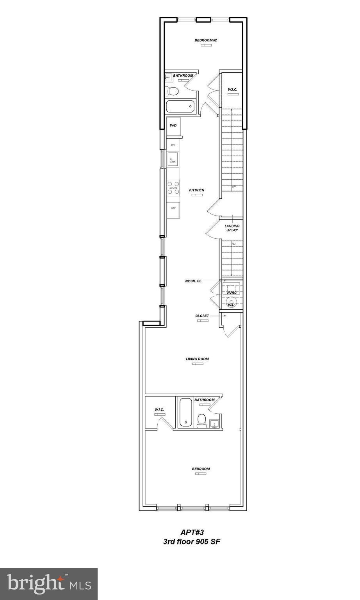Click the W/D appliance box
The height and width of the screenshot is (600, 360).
point(173,126)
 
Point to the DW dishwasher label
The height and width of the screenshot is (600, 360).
point(173,145)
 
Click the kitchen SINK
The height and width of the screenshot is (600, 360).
point(173,160)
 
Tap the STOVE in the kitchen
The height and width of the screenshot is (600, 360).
point(173,188)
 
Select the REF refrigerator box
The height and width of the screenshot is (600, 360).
point(173,209)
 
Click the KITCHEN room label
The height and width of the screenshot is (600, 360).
point(197,190)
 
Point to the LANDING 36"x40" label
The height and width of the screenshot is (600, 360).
point(232,228)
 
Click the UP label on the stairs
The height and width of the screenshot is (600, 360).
point(234,186)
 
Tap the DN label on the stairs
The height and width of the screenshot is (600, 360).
point(233,245)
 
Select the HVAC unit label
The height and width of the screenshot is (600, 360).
point(232,293)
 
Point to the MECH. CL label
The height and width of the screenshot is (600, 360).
point(193,281)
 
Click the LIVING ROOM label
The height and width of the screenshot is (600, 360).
point(198,359)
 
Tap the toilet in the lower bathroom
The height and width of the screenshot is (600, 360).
point(202,420)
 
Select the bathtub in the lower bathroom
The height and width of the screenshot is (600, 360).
point(185,412)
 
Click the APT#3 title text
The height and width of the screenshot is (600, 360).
point(192,532)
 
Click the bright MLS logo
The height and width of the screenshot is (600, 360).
point(49,584)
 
